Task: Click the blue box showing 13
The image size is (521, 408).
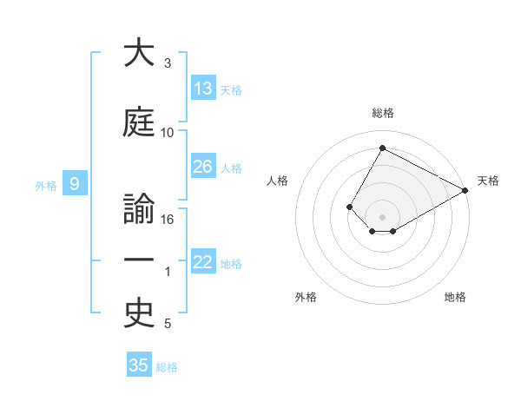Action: (x=203, y=89)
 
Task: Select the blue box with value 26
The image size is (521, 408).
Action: (x=203, y=167)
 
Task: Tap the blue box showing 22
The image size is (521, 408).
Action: (x=203, y=262)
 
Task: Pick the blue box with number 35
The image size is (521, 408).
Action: (x=139, y=365)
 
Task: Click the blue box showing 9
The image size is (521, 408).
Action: (x=75, y=184)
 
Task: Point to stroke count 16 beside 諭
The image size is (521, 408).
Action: (x=168, y=220)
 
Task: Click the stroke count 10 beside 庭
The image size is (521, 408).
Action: (x=168, y=133)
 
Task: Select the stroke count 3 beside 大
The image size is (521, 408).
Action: (x=168, y=63)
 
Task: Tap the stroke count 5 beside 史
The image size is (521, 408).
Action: (x=168, y=325)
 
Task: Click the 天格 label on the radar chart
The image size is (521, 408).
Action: (x=488, y=181)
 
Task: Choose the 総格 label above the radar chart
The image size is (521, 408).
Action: (x=383, y=113)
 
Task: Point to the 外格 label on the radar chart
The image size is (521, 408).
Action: (x=306, y=297)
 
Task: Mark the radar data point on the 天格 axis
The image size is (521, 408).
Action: (x=466, y=190)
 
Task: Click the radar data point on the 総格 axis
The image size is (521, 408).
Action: (x=382, y=148)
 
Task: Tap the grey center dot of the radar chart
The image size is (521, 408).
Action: (x=382, y=216)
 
